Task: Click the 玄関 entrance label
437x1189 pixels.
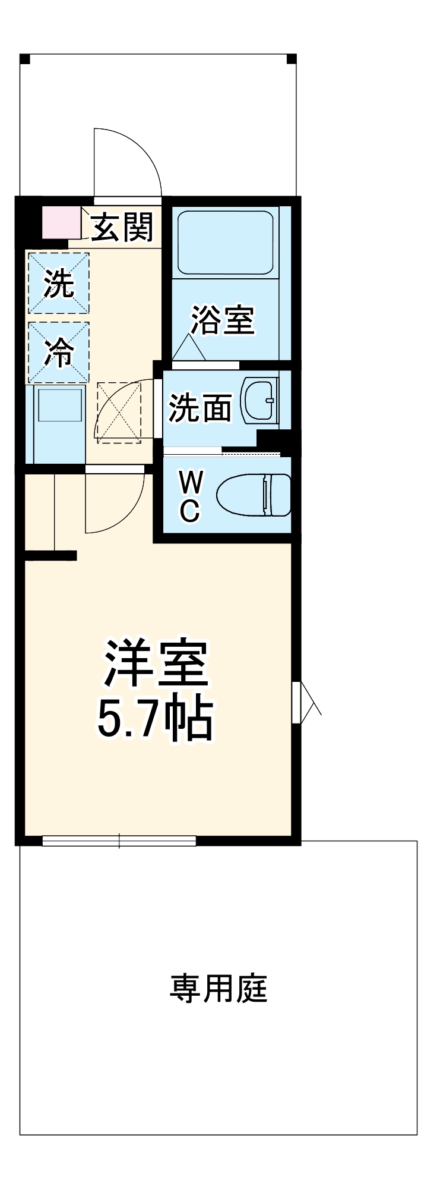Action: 122,227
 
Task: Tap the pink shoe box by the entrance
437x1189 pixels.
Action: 61,222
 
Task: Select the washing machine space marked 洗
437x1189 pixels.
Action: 59,283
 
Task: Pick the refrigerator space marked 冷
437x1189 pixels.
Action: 59,353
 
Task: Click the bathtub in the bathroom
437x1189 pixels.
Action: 226,241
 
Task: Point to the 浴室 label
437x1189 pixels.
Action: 222,320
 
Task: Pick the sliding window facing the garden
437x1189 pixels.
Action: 119,841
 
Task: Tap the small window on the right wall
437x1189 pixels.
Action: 296,702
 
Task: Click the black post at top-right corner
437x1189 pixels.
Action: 291,59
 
